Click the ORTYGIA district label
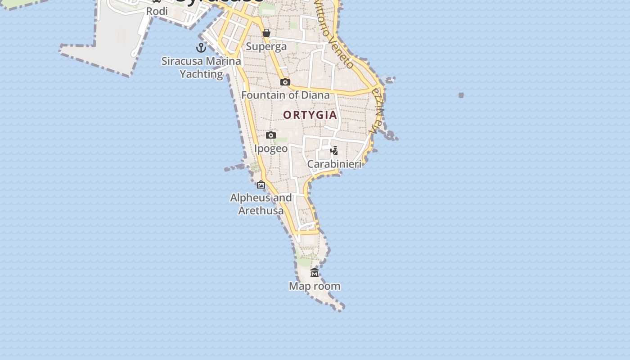pyautogui.click(x=310, y=115)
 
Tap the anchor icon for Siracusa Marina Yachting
pyautogui.click(x=201, y=47)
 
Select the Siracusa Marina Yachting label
pyautogui.click(x=201, y=67)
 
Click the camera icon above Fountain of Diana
pyautogui.click(x=285, y=82)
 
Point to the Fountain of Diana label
pyautogui.click(x=285, y=95)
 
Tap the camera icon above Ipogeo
pyautogui.click(x=271, y=135)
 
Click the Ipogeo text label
pyautogui.click(x=271, y=148)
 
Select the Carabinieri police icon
pyautogui.click(x=334, y=150)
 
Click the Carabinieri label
pyautogui.click(x=334, y=164)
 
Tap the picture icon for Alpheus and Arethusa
pyautogui.click(x=261, y=184)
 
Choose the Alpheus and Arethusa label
pyautogui.click(x=261, y=204)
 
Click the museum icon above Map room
pyautogui.click(x=315, y=273)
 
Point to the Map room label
pyautogui.click(x=315, y=286)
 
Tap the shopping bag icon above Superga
pyautogui.click(x=266, y=33)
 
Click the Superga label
pyautogui.click(x=266, y=46)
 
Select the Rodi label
pyautogui.click(x=157, y=11)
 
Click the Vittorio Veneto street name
pyautogui.click(x=333, y=34)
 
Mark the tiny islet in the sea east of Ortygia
pyautogui.click(x=461, y=95)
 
